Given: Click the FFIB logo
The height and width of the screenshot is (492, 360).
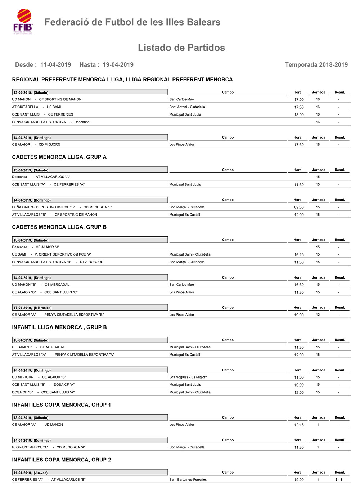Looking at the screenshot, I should tap(23, 21).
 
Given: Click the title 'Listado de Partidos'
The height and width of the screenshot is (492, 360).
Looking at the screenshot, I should tap(181, 48).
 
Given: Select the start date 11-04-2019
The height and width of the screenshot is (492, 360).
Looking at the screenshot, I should tap(55, 65).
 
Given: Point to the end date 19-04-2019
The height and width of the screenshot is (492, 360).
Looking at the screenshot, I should tap(118, 65).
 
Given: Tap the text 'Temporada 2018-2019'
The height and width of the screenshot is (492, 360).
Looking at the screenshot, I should tap(316, 65).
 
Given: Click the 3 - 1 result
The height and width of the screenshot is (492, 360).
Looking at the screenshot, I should tap(338, 480).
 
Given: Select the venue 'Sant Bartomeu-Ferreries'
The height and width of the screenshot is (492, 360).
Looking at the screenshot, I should tap(188, 480).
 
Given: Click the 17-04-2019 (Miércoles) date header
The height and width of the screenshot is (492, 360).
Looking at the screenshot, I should tap(32, 308).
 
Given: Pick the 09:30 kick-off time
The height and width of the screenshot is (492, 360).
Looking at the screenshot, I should tap(299, 207).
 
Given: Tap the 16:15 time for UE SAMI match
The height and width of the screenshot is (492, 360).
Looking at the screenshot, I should tap(299, 255).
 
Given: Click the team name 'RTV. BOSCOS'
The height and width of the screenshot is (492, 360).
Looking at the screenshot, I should tap(91, 262).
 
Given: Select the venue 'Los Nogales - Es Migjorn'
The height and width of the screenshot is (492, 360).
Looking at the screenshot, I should tap(188, 377).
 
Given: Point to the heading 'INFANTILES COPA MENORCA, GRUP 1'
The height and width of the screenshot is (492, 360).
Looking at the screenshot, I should tap(61, 405).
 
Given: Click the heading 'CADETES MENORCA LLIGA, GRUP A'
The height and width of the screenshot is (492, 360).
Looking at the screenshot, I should tap(59, 157).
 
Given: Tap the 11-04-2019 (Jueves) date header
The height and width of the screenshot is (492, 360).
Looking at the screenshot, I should tap(30, 473).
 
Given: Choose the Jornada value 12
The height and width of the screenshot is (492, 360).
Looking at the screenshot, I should tap(318, 315).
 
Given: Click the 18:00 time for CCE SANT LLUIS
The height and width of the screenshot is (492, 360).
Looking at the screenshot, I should tap(299, 115).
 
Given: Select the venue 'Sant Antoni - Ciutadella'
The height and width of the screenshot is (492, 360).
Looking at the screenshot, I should tap(187, 107).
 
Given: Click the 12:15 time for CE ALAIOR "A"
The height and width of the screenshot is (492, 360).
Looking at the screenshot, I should tap(299, 425).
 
